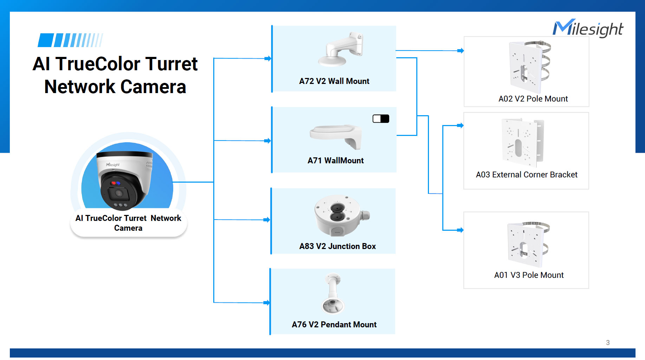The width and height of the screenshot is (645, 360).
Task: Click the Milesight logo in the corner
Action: [x=588, y=28]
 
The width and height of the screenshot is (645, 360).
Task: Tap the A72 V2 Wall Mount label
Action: [x=334, y=81]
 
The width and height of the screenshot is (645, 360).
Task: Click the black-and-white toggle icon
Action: [x=381, y=119]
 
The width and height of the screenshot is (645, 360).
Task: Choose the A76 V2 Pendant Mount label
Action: [x=334, y=325]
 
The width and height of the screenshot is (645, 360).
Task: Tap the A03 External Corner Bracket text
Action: [x=526, y=175]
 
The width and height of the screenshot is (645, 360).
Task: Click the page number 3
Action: [x=608, y=342]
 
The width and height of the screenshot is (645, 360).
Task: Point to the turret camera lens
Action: [x=118, y=194]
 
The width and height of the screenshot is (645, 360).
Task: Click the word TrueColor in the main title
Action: [x=100, y=64]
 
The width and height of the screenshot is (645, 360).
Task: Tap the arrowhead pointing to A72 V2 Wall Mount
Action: [x=268, y=59]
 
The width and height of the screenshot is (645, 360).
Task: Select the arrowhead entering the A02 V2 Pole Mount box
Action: [x=461, y=51]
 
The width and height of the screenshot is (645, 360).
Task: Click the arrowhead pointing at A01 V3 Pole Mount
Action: [x=460, y=230]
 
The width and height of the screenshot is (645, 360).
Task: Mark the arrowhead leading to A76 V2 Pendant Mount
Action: [x=267, y=303]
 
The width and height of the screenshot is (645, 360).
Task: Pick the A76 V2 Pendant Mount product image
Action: [x=333, y=294]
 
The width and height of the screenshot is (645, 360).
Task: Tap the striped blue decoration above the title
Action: [x=70, y=40]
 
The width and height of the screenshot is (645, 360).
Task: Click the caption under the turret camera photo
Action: [x=128, y=223]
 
